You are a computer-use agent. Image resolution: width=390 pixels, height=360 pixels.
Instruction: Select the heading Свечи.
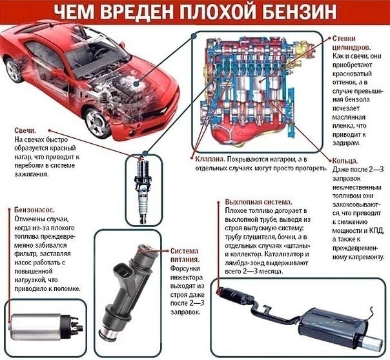point(25,131)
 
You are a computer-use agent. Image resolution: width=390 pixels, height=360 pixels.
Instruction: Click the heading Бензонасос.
point(34,210)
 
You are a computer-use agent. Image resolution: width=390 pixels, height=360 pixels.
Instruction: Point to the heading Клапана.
point(210,159)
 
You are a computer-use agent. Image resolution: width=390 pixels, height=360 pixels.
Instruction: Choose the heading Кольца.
point(345,161)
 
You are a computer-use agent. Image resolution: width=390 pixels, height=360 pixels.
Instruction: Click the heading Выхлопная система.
point(259,202)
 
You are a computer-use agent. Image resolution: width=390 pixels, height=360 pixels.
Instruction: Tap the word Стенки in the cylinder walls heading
point(344,39)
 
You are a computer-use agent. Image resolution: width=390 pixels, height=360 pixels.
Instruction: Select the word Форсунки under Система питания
point(185,268)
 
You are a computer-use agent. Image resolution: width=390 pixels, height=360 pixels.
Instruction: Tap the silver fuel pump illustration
point(45,326)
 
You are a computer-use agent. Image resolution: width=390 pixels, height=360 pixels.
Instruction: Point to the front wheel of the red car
point(97,123)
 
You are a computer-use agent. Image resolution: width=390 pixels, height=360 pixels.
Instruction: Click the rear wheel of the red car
point(14,70)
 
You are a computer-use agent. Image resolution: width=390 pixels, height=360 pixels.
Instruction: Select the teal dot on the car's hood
point(136,85)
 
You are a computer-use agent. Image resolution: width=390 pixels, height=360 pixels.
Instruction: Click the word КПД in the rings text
point(378,230)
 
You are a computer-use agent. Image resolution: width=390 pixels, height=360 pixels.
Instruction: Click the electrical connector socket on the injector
point(122,273)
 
